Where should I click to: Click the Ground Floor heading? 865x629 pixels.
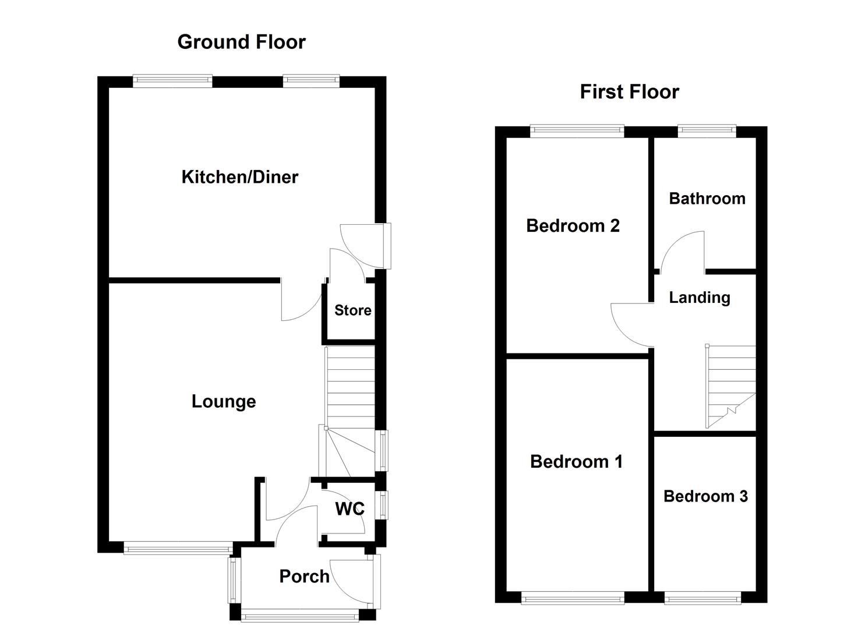[x=241, y=42]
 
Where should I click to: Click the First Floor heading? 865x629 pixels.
[x=629, y=92]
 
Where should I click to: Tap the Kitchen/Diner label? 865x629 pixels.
[x=239, y=177]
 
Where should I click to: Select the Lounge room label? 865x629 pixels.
[x=224, y=401]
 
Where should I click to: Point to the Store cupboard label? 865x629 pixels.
[x=352, y=310]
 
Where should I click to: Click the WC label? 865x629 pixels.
[x=349, y=509]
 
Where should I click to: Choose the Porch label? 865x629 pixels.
[x=304, y=576]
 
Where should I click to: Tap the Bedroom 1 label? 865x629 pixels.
[x=576, y=462]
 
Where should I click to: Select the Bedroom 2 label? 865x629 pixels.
[x=573, y=226]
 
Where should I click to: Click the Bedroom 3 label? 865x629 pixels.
[x=705, y=496]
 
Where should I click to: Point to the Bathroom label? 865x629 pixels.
[x=707, y=199]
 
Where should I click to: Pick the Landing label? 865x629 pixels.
[x=699, y=298]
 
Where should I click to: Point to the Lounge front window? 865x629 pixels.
[x=178, y=548]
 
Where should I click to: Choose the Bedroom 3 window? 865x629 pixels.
[x=702, y=598]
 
